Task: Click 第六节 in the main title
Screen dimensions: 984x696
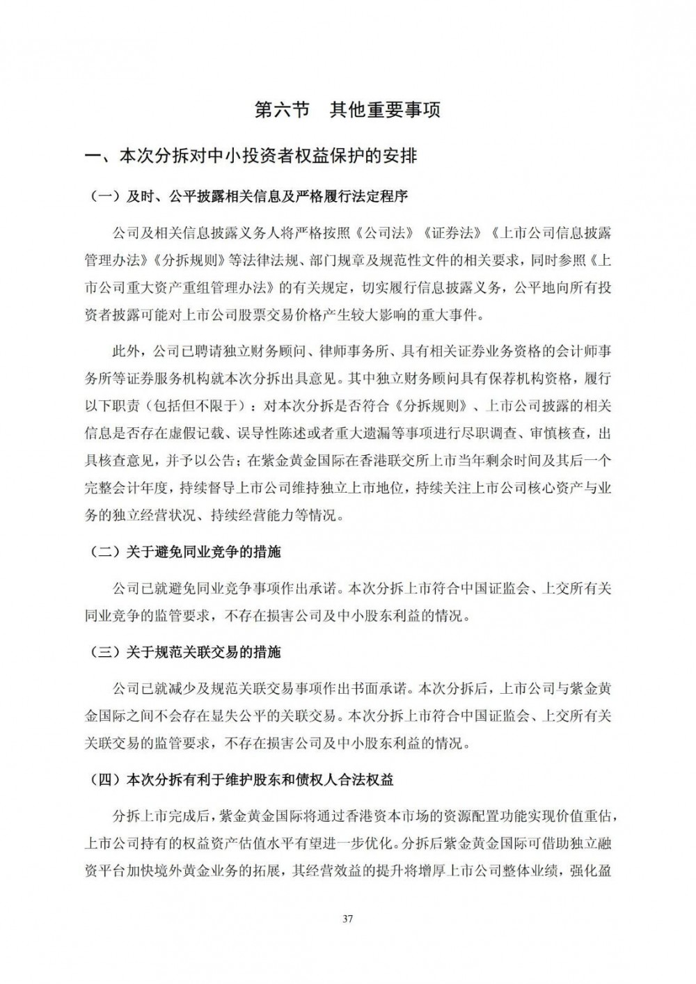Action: point(281,110)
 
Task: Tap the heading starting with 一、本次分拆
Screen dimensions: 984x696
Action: point(251,156)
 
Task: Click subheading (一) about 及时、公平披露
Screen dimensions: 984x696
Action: point(251,197)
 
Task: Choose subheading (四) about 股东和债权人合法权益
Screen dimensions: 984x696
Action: point(243,780)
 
